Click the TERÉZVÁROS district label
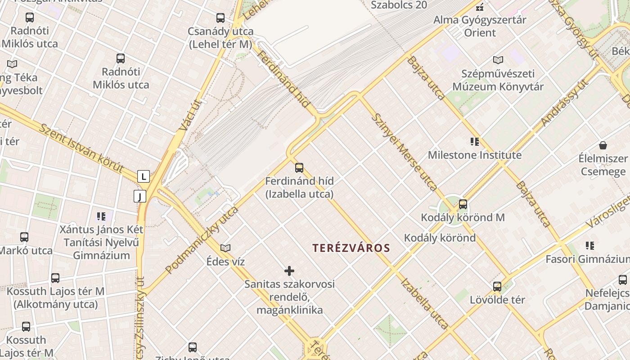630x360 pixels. (351, 248)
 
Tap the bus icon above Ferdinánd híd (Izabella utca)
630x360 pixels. (299, 168)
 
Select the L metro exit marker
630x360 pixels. (144, 176)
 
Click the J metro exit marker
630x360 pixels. (140, 196)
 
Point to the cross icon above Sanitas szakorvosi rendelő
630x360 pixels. (289, 270)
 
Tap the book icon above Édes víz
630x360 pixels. (225, 248)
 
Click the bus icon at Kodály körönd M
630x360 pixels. (463, 204)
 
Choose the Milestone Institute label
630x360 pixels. (474, 155)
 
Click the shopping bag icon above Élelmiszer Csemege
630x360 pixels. (603, 145)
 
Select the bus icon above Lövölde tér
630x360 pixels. (497, 286)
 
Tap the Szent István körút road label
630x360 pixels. (81, 148)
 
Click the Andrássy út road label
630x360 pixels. (565, 103)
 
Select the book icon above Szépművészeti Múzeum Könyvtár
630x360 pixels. (498, 60)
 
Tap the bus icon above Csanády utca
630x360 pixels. (220, 18)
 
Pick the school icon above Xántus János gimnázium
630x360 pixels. (101, 216)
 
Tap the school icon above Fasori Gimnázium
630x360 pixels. (590, 246)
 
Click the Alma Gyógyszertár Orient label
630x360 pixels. (480, 26)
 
